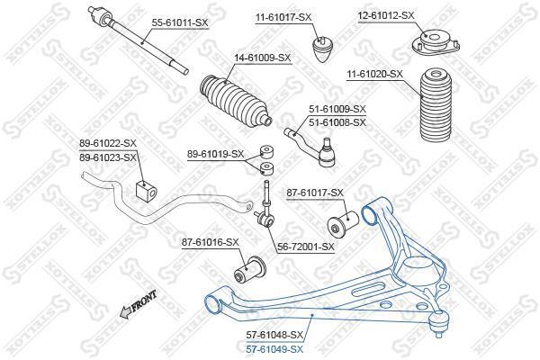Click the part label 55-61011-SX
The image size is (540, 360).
tap(180, 22)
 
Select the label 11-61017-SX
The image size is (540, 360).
tap(283, 17)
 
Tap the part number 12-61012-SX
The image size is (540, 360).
tap(386, 15)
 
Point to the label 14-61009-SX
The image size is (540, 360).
tap(263, 58)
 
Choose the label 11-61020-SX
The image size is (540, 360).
tap(374, 74)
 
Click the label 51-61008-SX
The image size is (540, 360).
tap(337, 122)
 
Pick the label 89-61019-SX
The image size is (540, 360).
tap(215, 154)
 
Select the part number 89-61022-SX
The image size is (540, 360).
tap(108, 143)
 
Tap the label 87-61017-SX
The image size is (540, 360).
tap(315, 193)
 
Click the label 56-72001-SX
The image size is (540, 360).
tap(306, 247)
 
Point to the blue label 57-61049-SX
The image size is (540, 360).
tap(274, 349)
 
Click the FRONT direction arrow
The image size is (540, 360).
tap(138, 304)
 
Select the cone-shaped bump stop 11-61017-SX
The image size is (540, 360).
tap(323, 49)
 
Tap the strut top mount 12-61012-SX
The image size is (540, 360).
tap(436, 42)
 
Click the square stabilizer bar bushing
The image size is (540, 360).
tap(146, 191)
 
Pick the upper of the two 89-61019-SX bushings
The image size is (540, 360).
tap(267, 151)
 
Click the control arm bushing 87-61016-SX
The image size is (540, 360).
tap(250, 270)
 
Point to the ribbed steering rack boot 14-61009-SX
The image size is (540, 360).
tap(236, 99)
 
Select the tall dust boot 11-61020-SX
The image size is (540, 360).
tap(436, 104)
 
